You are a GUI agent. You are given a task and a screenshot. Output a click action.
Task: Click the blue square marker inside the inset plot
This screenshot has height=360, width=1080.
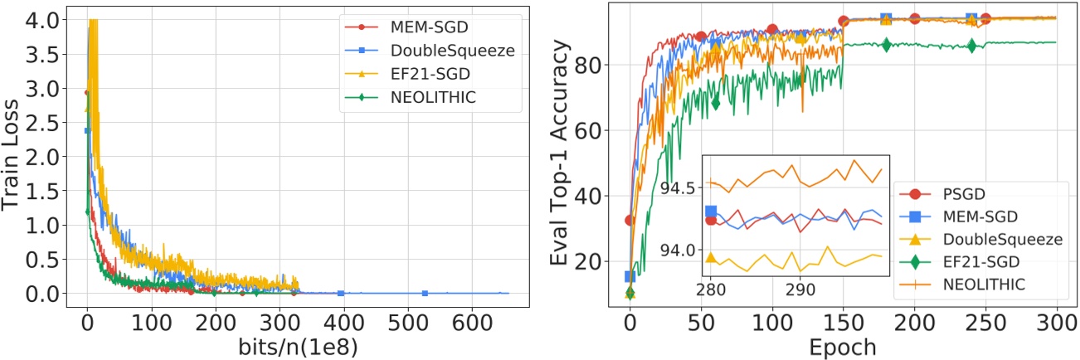(711, 212)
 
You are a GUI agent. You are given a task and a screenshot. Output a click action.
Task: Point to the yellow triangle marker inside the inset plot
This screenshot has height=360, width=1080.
(711, 258)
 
